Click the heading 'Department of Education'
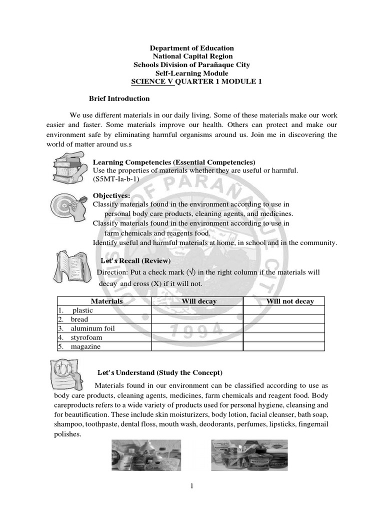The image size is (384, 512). (x=192, y=48)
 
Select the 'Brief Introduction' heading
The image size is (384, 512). (x=119, y=98)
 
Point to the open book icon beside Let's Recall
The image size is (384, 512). (x=72, y=268)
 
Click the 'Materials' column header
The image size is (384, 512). (x=106, y=301)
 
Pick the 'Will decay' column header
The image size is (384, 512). (x=198, y=301)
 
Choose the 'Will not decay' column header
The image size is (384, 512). (x=290, y=301)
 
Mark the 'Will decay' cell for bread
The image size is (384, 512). (x=197, y=319)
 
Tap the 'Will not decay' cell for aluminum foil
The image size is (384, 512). (x=283, y=328)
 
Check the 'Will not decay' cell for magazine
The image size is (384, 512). (x=283, y=346)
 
